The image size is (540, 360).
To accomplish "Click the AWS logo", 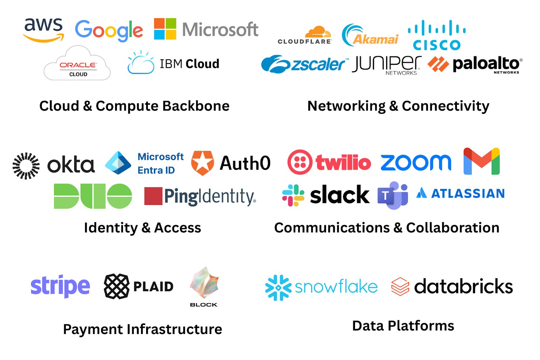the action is click(x=44, y=30).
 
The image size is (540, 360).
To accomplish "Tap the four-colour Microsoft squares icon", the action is click(x=165, y=29).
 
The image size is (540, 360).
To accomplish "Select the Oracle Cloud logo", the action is click(x=77, y=64).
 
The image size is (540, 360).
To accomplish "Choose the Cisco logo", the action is click(x=437, y=35).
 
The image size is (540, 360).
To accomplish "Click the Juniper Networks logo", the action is click(x=386, y=65).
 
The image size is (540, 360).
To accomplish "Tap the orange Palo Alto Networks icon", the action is click(x=438, y=64).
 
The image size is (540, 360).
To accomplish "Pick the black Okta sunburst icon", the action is click(x=26, y=166).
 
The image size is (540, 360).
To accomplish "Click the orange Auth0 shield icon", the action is click(x=202, y=163).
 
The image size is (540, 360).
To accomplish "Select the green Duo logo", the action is click(x=93, y=196).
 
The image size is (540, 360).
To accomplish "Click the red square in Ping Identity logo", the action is click(x=153, y=196).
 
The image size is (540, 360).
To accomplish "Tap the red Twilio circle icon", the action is click(x=300, y=162).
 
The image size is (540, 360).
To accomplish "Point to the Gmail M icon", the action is click(x=482, y=161).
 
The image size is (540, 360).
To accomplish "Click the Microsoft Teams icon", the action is click(x=393, y=195).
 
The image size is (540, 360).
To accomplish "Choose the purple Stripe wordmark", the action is click(x=60, y=286).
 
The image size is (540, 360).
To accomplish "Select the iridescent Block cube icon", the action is click(x=204, y=283).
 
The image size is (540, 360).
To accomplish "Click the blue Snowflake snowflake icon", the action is click(x=278, y=288).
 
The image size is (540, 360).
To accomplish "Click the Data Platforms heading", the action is click(x=403, y=326).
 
